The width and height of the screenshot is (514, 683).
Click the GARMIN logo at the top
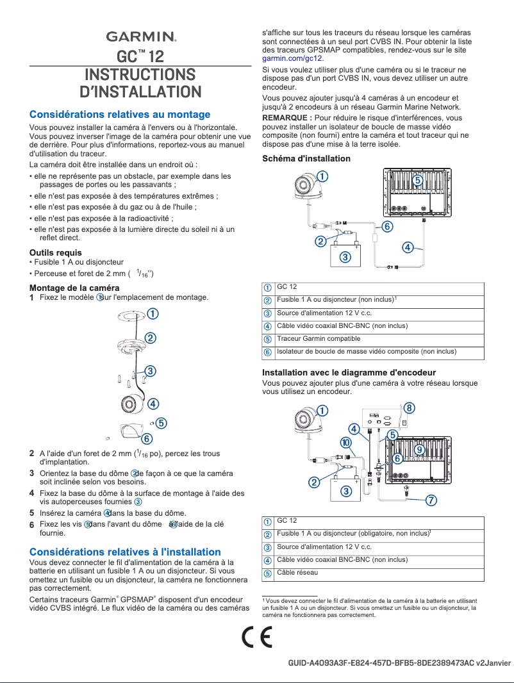point(141,37)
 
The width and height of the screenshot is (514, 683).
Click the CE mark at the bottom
point(257,638)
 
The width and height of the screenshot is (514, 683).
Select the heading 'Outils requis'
point(56,252)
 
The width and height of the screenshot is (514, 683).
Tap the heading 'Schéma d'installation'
point(306,158)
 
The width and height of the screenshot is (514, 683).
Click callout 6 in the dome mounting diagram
point(147,439)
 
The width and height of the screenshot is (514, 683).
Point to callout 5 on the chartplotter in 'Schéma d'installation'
point(417,181)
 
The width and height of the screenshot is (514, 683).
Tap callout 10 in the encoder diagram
point(345,443)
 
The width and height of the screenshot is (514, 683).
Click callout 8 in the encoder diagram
point(409,408)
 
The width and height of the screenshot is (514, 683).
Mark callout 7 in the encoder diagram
point(431,500)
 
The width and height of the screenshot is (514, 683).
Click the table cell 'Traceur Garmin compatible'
point(318,339)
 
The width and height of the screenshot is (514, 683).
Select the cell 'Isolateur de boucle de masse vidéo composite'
point(366,352)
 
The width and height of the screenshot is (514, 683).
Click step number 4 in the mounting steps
point(32,493)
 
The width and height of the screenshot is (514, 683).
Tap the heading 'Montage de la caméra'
point(74,287)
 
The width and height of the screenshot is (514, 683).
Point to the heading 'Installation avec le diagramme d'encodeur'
point(349,372)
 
